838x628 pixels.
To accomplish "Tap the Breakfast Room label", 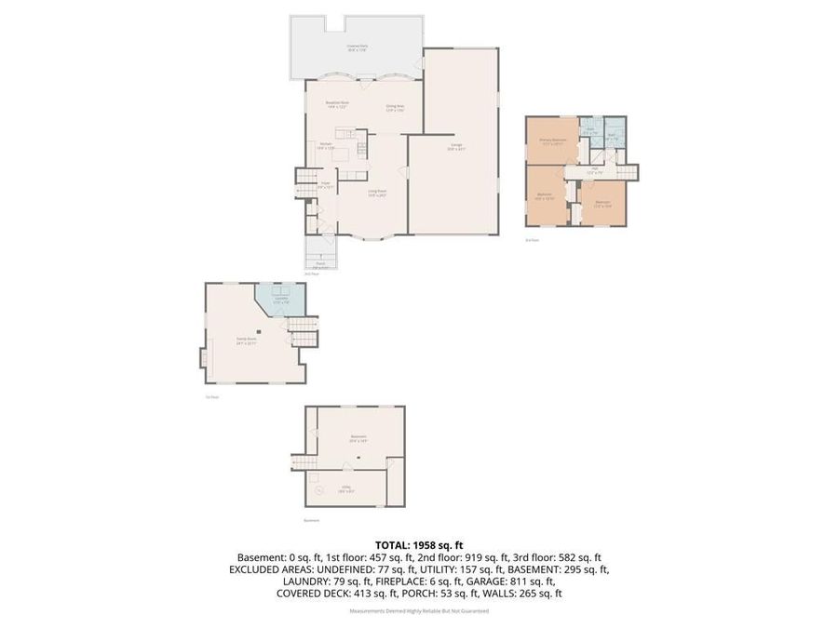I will click(337, 104).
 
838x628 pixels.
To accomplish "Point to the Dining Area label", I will click(396, 108).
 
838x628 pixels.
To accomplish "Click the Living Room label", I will click(376, 194).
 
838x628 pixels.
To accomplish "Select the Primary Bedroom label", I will click(554, 140).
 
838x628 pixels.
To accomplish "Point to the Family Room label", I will click(246, 341).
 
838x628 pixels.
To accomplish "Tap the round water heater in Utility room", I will click(318, 490).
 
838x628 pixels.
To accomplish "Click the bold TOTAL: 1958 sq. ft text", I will click(419, 544).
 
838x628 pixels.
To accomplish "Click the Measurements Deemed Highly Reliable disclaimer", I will click(419, 611).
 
